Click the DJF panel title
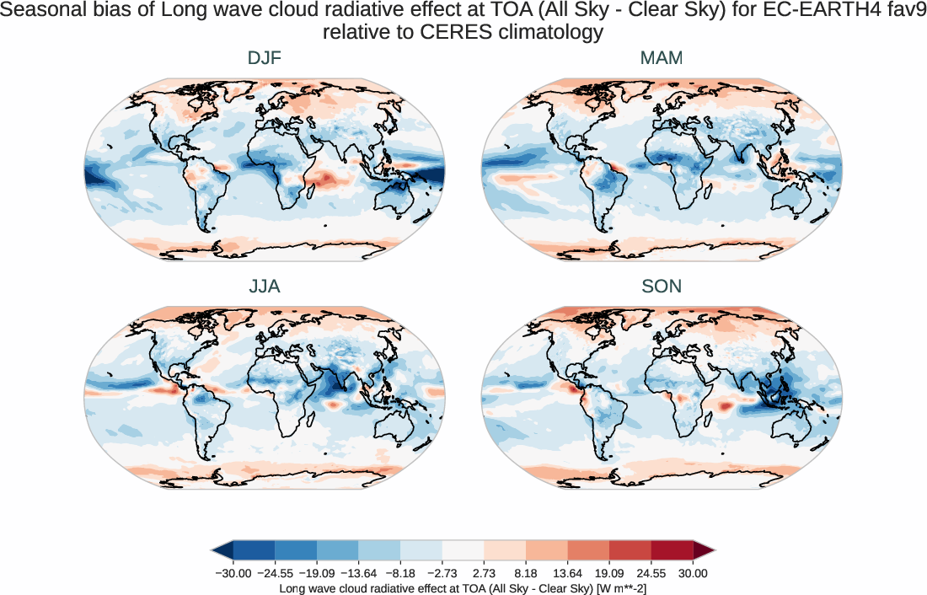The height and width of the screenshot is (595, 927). point(264,58)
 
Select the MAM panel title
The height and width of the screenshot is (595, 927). point(662,58)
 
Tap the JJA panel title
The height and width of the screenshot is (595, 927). point(264,287)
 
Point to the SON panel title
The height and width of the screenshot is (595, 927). point(662,287)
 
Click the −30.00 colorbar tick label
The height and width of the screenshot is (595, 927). point(233,573)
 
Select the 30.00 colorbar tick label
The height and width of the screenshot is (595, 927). point(693,573)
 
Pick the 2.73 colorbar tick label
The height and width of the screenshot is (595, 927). point(484,573)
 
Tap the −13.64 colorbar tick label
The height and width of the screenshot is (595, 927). point(359,573)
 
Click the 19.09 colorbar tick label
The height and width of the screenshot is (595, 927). point(609,573)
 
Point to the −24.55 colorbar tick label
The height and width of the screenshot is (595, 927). point(276,573)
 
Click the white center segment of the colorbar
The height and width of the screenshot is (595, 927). point(463,550)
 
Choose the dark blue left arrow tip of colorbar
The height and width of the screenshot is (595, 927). point(222,550)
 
